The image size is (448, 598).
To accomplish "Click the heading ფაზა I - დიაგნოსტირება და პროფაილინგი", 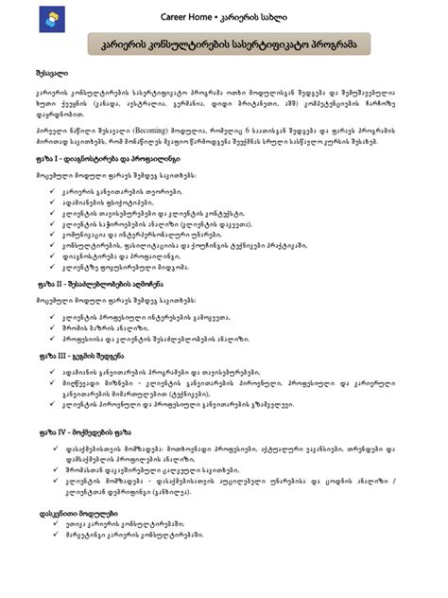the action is pyautogui.click(x=100, y=158).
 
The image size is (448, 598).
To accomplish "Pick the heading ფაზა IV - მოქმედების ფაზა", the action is pyautogui.click(x=83, y=432).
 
